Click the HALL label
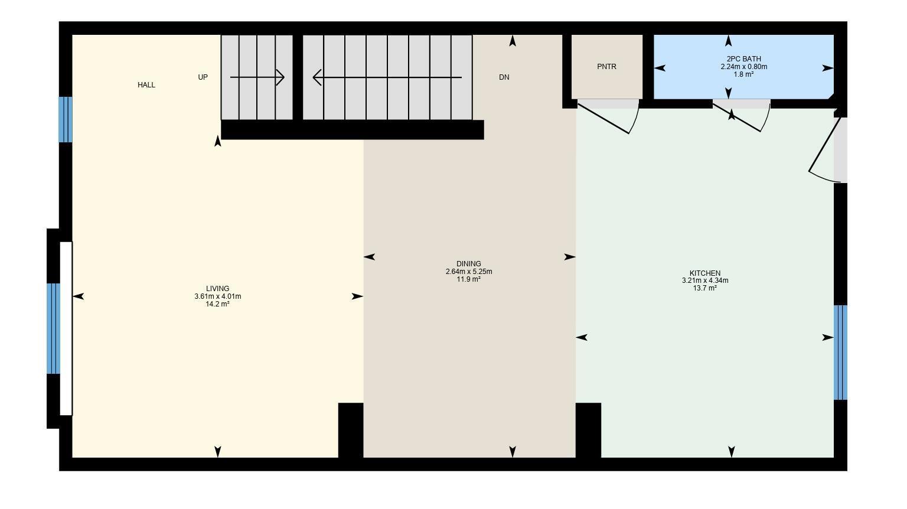(x=146, y=85)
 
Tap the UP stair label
(x=203, y=77)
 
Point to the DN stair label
(x=504, y=77)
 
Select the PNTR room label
(x=606, y=67)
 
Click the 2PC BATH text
(x=743, y=59)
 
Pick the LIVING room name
(x=217, y=289)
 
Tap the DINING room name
(x=468, y=264)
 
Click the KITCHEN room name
(x=704, y=273)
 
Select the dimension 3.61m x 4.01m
(x=217, y=296)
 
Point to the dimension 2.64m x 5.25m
(x=468, y=272)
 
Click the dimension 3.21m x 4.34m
(x=704, y=280)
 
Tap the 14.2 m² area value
(x=217, y=304)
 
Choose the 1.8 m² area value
(x=743, y=74)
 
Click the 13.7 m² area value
(x=704, y=288)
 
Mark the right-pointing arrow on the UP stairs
(x=257, y=77)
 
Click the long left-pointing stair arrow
(x=387, y=77)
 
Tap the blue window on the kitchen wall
(x=840, y=353)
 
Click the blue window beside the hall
(x=65, y=119)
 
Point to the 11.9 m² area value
(x=468, y=279)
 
